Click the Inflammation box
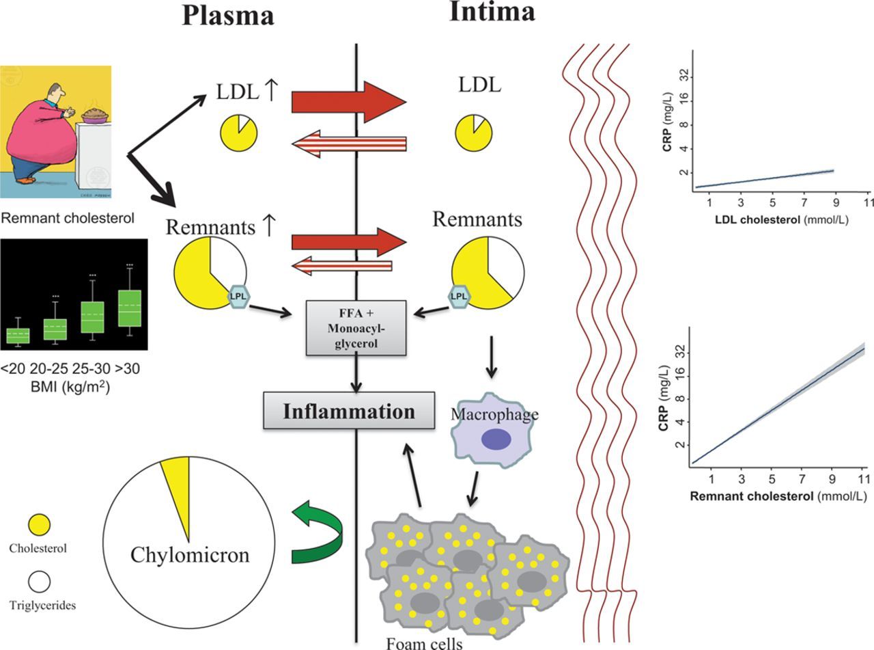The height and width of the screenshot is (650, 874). (349, 411)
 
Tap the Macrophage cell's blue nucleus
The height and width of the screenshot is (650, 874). (496, 439)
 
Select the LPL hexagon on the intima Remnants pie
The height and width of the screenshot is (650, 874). (459, 295)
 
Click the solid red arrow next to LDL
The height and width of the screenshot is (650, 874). (348, 102)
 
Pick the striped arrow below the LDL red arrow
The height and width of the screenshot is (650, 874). (348, 143)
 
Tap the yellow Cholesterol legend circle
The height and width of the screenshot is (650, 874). (39, 525)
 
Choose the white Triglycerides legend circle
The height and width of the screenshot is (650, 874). (39, 582)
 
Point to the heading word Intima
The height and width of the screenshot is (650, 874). (492, 12)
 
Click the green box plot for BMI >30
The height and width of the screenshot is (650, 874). (129, 308)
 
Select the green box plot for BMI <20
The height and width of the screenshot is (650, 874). (18, 335)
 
